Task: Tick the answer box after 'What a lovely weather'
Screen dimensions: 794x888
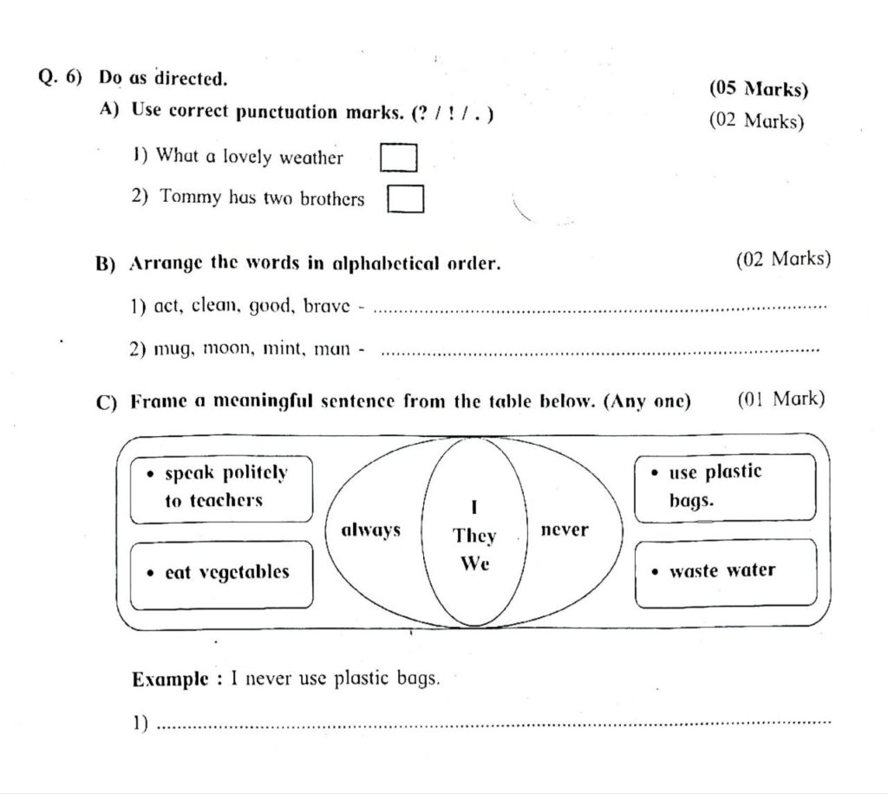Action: point(399,158)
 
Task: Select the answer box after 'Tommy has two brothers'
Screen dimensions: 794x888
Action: point(405,198)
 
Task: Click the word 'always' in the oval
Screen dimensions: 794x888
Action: point(371,530)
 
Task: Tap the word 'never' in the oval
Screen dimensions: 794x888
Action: point(564,529)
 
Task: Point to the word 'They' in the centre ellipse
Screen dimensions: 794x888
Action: point(474,536)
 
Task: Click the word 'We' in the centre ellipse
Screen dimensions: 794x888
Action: point(474,563)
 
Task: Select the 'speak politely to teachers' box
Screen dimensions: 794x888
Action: point(221,488)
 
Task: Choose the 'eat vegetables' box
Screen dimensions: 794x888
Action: point(221,573)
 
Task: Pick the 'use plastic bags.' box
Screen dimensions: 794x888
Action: point(725,487)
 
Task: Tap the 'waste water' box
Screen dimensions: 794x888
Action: point(725,571)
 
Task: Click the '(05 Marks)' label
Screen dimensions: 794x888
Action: point(758,89)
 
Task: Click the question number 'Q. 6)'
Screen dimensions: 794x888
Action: point(60,77)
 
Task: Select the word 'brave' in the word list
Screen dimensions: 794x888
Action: point(327,306)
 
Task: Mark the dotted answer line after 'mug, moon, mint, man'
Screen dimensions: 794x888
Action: point(600,351)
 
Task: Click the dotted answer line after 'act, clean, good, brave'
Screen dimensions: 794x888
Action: point(604,308)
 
